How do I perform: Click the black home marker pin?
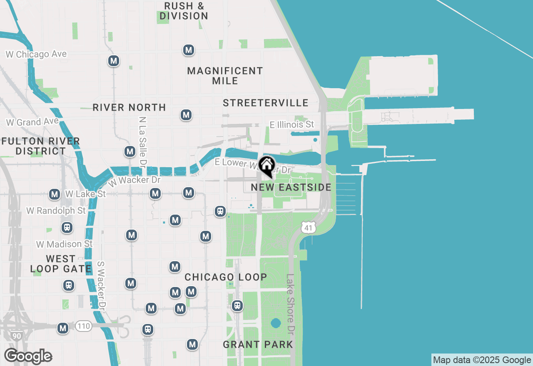[x=266, y=166]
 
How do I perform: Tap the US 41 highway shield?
[x=308, y=227]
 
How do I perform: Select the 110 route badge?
[x=84, y=326]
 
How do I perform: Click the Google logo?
[x=28, y=356]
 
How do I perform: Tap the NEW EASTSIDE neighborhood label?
[x=291, y=188]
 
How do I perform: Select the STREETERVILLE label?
[x=266, y=103]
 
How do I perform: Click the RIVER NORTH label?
[x=129, y=107]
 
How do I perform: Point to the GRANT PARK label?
[x=258, y=344]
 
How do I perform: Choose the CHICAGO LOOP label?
[x=226, y=277]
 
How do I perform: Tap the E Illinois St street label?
[x=291, y=124]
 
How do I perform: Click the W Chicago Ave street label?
[x=36, y=54]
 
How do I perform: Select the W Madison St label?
[x=65, y=244]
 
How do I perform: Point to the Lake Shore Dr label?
[x=290, y=304]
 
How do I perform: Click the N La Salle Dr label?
[x=143, y=140]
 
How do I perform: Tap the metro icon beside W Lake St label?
[x=55, y=194]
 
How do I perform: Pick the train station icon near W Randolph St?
[x=67, y=228]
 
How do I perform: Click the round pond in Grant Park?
[x=275, y=323]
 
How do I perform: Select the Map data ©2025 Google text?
[x=482, y=360]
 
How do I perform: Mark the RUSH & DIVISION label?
[x=184, y=11]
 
